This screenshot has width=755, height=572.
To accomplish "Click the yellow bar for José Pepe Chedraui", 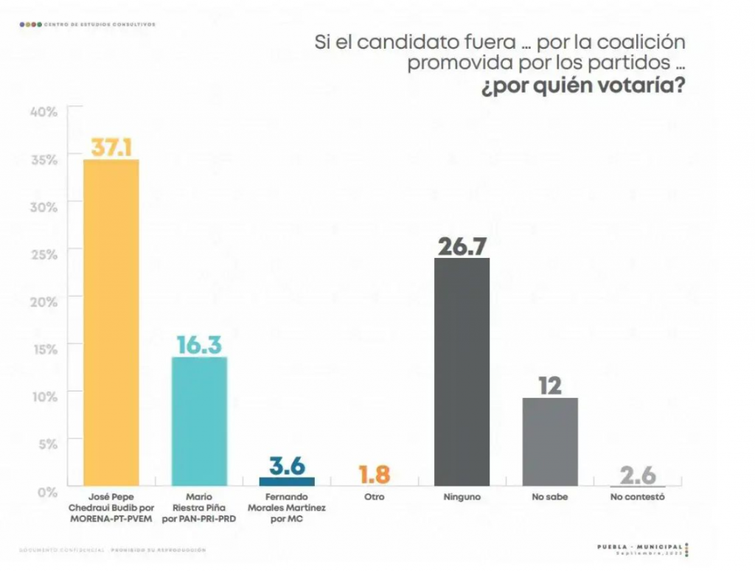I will pyautogui.click(x=111, y=322).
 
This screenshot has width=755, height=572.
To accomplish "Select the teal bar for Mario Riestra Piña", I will pyautogui.click(x=199, y=421).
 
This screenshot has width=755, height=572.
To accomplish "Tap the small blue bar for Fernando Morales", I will pyautogui.click(x=287, y=481).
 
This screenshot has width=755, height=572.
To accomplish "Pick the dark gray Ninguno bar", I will pyautogui.click(x=462, y=372).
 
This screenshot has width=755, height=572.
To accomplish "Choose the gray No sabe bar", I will pyautogui.click(x=549, y=442).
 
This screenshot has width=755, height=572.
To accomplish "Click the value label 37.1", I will pyautogui.click(x=111, y=147).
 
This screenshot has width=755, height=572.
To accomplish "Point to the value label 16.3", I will pyautogui.click(x=199, y=345).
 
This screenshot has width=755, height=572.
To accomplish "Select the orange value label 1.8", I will pyautogui.click(x=374, y=475).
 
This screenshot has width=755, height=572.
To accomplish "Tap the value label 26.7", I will pyautogui.click(x=462, y=245).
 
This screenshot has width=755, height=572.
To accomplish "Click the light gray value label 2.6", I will pyautogui.click(x=637, y=475).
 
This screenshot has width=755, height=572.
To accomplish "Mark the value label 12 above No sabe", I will pyautogui.click(x=549, y=386).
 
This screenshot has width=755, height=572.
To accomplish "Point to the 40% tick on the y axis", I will pyautogui.click(x=44, y=111).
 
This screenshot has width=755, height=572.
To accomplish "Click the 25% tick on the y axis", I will pyautogui.click(x=44, y=254).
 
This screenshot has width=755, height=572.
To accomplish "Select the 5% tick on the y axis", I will pyautogui.click(x=46, y=444).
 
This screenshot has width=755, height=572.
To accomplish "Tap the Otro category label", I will pyautogui.click(x=374, y=498).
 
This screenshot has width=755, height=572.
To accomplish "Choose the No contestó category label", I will pyautogui.click(x=638, y=498).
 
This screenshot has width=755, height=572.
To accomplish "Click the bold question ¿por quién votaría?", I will pyautogui.click(x=582, y=87).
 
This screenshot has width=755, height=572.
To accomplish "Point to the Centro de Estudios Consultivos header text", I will pyautogui.click(x=100, y=24).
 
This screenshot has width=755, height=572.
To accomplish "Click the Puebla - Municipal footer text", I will pyautogui.click(x=640, y=546).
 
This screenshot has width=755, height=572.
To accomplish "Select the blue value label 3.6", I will pyautogui.click(x=287, y=466).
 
